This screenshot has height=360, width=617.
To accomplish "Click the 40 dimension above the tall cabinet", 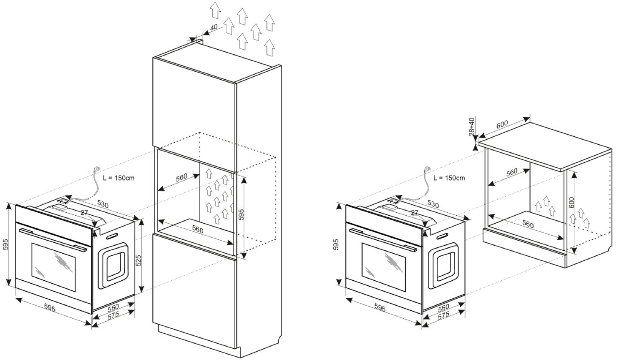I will point(214,28).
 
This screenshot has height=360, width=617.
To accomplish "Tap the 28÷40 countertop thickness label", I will point(472,126).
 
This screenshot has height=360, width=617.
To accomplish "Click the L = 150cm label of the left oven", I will point(119,178).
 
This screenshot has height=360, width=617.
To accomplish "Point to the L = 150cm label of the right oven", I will point(449,178).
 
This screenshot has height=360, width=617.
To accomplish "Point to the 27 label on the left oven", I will point(84,213).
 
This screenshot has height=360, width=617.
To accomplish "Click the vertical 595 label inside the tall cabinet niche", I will point(241,214).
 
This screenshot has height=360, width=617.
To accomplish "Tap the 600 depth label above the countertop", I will point(502,124).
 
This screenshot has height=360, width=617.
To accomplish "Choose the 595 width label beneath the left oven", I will point(50,308).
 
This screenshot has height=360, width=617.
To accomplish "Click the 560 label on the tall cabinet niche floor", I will point(198,229).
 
